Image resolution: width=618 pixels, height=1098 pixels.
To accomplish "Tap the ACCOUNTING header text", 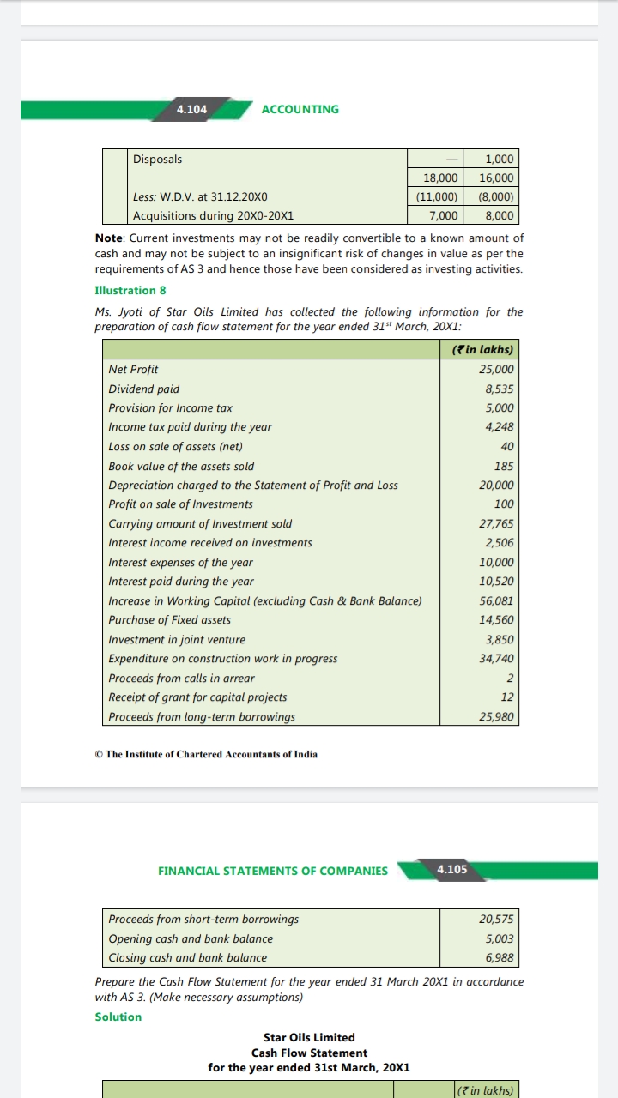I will (x=300, y=109).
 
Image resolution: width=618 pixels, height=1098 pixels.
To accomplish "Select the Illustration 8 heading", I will (x=130, y=290).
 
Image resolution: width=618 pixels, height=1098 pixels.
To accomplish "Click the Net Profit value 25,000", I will (x=497, y=370).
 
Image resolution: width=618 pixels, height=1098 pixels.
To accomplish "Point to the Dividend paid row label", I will (x=144, y=389).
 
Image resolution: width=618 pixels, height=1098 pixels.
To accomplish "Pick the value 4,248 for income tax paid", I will (x=500, y=427).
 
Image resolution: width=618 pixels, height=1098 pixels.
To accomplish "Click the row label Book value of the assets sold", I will (x=181, y=466).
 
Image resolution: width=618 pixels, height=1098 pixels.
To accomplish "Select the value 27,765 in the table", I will (x=497, y=523).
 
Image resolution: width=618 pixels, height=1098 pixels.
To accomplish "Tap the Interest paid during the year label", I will (x=181, y=582).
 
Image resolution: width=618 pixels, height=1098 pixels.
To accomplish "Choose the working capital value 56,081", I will (x=497, y=600).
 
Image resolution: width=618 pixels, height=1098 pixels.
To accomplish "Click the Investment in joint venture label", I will (x=177, y=639).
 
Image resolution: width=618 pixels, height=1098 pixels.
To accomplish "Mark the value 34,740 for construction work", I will (x=497, y=659).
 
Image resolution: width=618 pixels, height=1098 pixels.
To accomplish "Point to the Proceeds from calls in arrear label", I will (x=181, y=678).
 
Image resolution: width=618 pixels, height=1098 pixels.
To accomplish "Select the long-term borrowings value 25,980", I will (x=497, y=716).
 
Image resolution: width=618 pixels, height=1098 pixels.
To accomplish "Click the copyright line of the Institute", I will (x=206, y=754).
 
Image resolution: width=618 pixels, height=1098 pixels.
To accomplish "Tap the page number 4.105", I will (x=451, y=869).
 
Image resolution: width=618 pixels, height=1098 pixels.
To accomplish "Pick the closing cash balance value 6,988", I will (x=500, y=957).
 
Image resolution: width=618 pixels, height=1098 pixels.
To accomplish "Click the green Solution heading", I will (x=118, y=1017).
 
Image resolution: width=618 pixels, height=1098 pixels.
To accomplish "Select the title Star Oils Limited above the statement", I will (x=309, y=1037).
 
